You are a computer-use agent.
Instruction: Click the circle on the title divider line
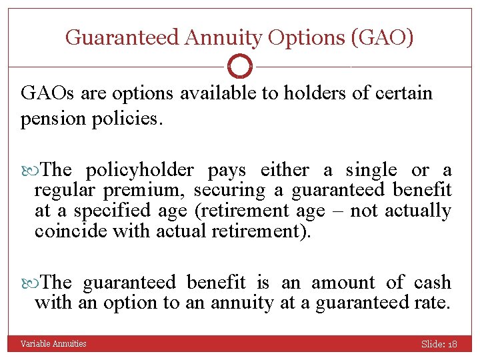(x=240, y=67)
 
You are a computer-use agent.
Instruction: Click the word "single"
(x=369, y=171)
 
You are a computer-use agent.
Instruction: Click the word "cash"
(x=433, y=283)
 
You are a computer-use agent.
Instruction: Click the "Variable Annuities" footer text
(x=53, y=344)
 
